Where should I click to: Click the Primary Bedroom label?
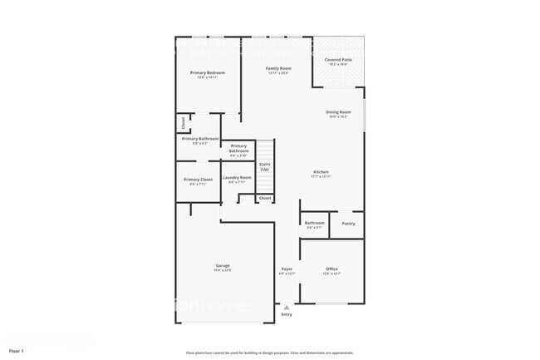(207, 73)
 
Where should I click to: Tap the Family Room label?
(277, 68)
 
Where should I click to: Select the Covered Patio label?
(337, 60)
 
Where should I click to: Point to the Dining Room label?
(337, 111)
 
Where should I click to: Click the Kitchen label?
(322, 172)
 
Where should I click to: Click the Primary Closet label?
(198, 180)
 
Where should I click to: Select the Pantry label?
(348, 223)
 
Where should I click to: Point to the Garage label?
(223, 265)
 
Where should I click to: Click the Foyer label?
(287, 269)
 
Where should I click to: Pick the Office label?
(331, 269)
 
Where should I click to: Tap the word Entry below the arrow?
(287, 314)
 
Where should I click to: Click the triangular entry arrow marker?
(287, 307)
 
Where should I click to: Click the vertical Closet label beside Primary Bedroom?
(183, 124)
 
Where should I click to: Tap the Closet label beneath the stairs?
(264, 199)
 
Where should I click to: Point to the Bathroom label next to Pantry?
(314, 223)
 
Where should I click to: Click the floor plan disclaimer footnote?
(269, 353)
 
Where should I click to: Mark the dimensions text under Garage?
(223, 270)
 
